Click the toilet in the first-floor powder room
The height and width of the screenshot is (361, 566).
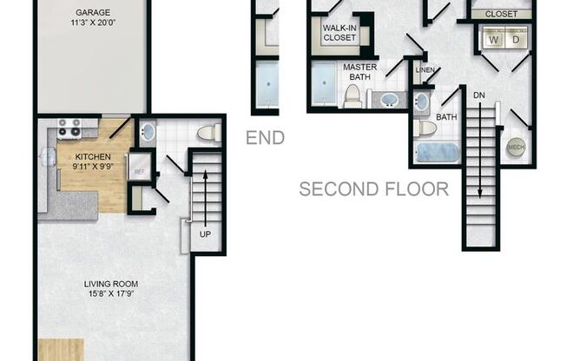pyautogui.click(x=206, y=134)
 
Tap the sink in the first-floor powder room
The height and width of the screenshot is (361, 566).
pyautogui.click(x=147, y=134)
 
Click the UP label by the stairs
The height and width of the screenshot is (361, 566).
pyautogui.click(x=204, y=234)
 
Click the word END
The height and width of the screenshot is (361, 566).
pyautogui.click(x=265, y=138)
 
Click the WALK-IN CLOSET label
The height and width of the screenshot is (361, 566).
pyautogui.click(x=340, y=33)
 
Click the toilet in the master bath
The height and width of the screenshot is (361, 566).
pyautogui.click(x=352, y=95)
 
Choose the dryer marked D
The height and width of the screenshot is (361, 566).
pyautogui.click(x=517, y=39)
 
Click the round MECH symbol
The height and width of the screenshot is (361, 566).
pyautogui.click(x=515, y=148)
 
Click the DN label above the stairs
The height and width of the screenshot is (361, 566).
pyautogui.click(x=479, y=93)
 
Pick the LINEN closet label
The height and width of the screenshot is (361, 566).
pyautogui.click(x=424, y=70)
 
